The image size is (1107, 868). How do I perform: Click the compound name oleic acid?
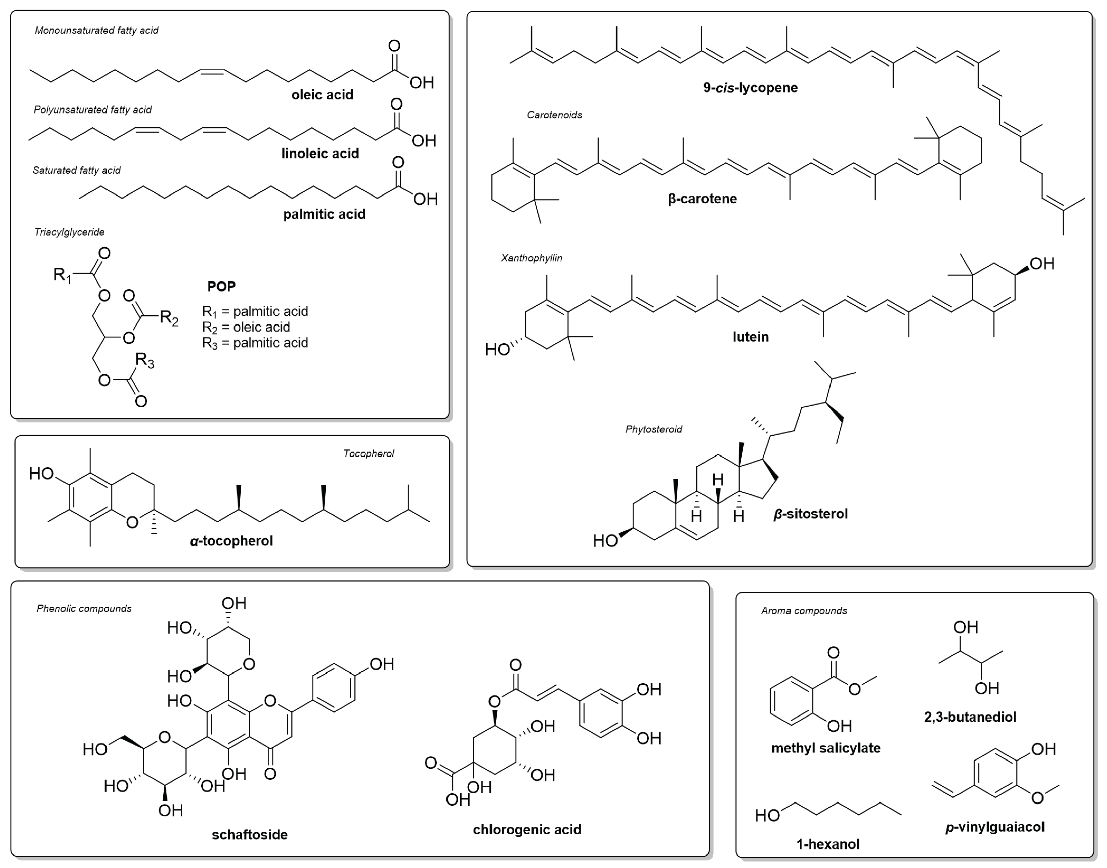point(322,95)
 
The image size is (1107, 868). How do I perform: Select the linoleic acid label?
point(320,154)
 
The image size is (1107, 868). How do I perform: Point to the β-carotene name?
point(702,199)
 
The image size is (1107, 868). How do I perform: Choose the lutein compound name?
point(750,337)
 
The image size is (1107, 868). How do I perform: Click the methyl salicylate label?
point(825,748)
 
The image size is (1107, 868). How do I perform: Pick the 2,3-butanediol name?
point(970,717)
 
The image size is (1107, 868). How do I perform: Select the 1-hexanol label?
point(828,844)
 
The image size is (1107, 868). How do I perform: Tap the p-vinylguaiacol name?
point(995,827)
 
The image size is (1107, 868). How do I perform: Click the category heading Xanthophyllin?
point(531,258)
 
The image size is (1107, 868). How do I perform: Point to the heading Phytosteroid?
point(654,429)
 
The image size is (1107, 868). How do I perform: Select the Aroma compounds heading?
point(804,611)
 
